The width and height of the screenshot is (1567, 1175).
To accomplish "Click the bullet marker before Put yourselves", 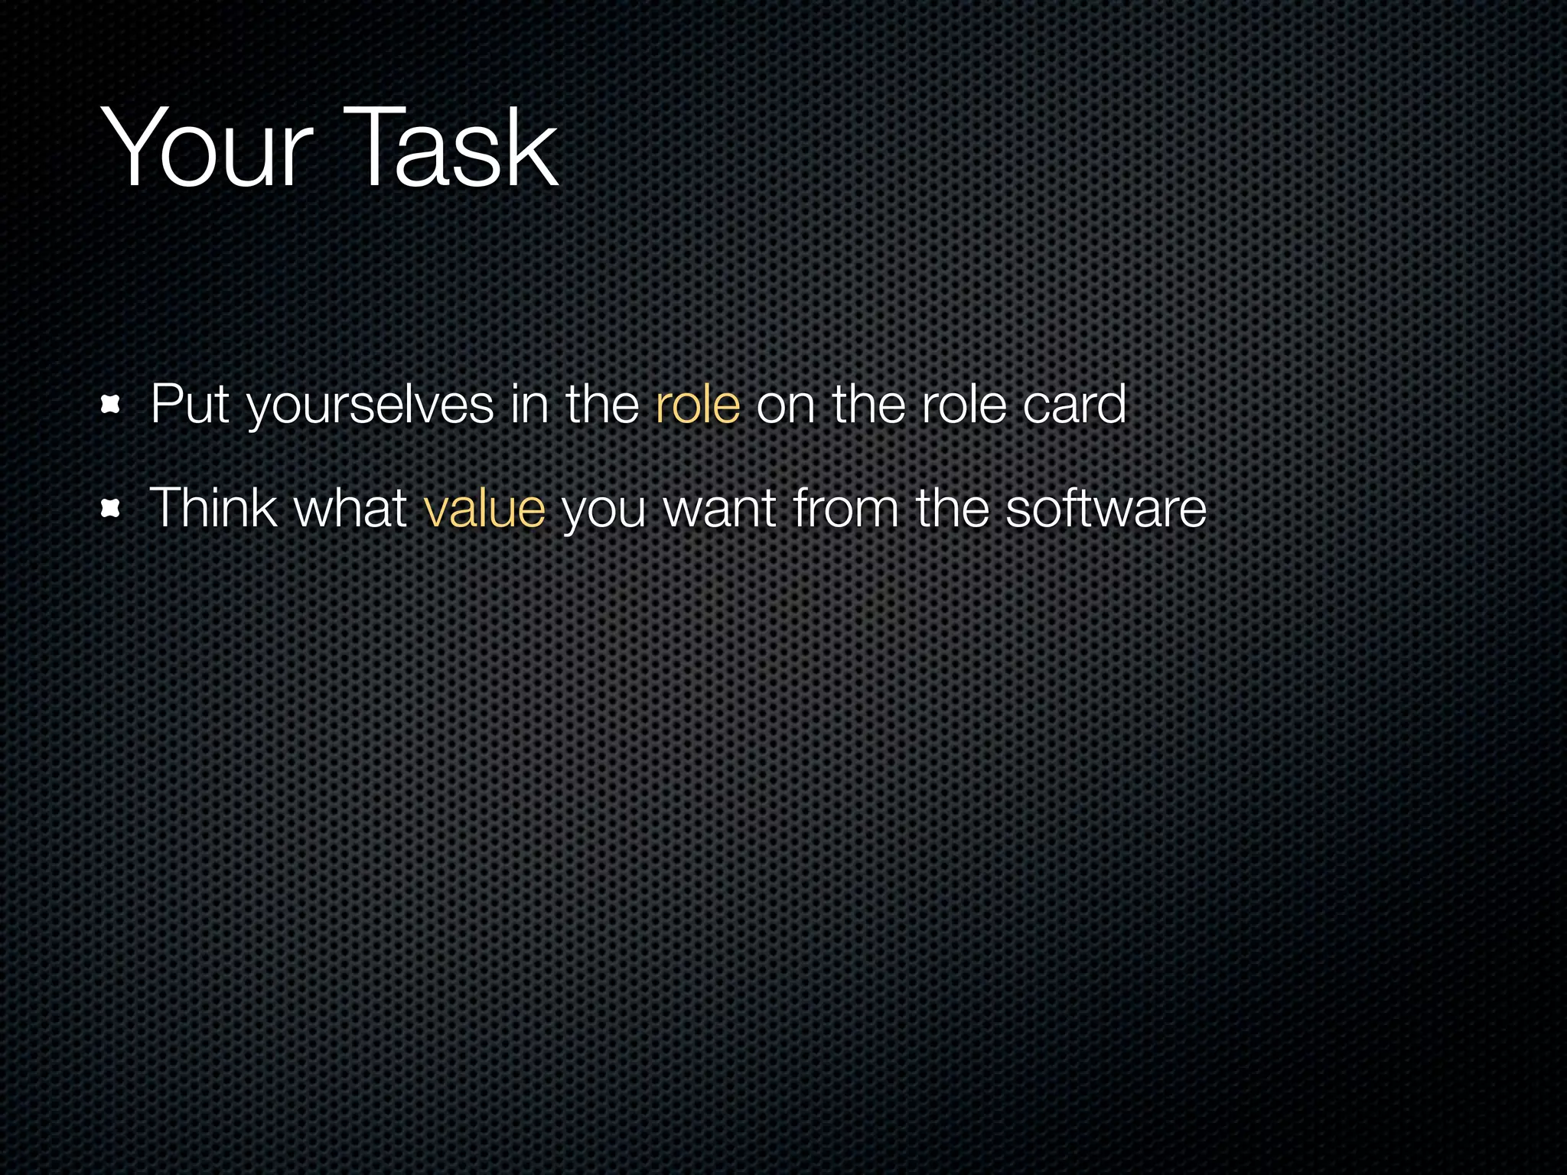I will click(112, 405).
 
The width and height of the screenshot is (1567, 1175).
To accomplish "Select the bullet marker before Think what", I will click(112, 509).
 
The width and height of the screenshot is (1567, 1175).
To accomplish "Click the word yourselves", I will click(370, 405).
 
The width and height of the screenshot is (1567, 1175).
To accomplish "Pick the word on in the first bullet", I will click(785, 405).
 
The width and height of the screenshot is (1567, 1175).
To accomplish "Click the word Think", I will click(213, 508).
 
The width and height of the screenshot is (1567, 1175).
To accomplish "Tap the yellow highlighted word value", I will click(484, 508).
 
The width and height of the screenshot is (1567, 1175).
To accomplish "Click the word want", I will click(720, 509).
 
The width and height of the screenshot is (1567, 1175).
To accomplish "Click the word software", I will click(1106, 508).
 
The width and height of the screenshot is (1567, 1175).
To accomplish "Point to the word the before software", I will click(952, 508).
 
